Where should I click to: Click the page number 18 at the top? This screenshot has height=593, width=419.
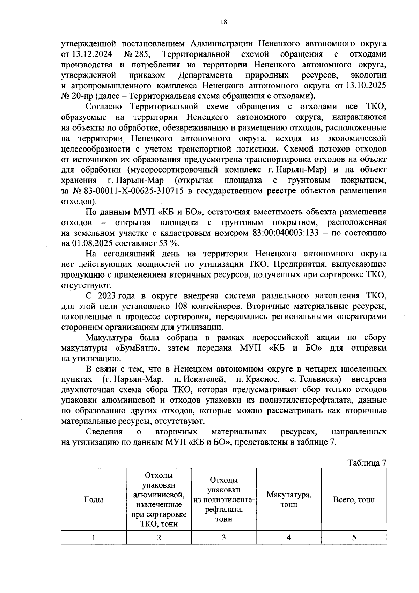(x=223, y=22)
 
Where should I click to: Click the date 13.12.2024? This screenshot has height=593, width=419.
(x=92, y=54)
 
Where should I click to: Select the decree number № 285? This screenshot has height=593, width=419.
(x=137, y=54)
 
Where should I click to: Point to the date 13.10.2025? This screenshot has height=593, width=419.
(x=366, y=86)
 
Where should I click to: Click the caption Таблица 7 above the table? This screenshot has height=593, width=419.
(x=367, y=463)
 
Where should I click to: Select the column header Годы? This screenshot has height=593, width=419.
(x=94, y=499)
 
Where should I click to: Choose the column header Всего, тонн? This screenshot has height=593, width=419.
(x=354, y=499)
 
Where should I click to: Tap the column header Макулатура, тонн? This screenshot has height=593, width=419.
(x=289, y=499)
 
